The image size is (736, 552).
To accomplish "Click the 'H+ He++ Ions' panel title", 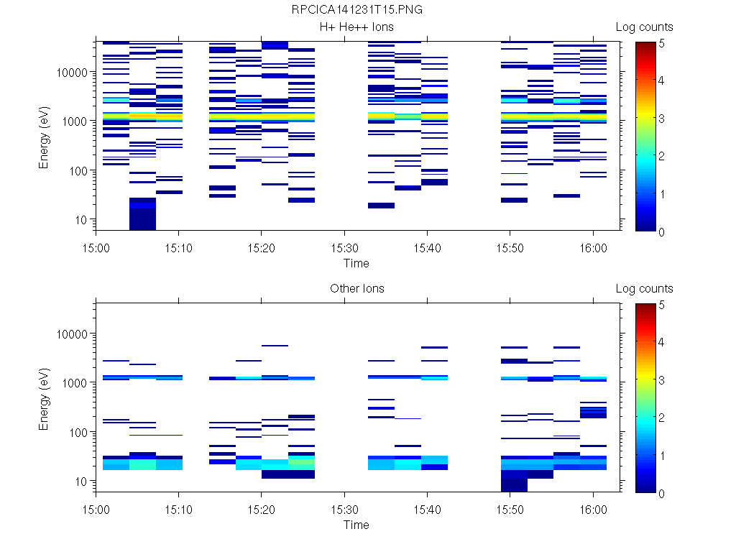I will (356, 27).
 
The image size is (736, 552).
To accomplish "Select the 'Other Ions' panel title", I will (356, 289).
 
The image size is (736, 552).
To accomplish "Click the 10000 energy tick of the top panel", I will (73, 73).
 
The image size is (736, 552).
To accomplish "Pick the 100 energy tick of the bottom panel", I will (79, 432).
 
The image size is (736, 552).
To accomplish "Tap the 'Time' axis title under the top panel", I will (356, 263).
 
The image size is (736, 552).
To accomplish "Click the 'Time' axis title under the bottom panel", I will (356, 525).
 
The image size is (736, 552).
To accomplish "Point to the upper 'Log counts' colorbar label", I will (644, 27).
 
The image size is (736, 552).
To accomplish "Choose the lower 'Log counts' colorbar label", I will (644, 289).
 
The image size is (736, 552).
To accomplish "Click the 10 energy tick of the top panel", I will (82, 219).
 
